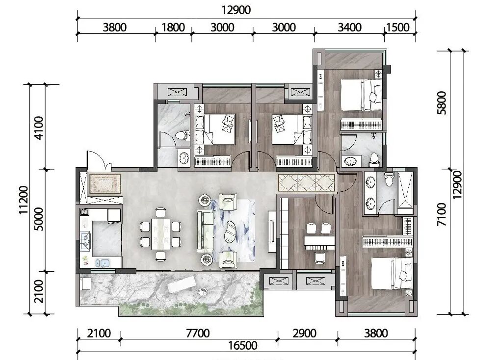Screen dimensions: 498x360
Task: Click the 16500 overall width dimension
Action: (243, 345)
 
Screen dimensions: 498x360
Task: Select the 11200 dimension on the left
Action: (24, 200)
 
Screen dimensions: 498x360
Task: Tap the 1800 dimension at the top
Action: (173, 27)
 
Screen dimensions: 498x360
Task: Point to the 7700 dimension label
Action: (198, 334)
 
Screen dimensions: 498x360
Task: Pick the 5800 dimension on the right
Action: (442, 103)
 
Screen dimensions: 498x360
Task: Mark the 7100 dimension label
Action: (442, 215)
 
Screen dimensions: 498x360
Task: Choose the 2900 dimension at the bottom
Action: (304, 334)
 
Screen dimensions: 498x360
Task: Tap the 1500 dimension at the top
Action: (397, 27)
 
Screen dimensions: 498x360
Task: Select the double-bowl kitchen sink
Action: (103, 263)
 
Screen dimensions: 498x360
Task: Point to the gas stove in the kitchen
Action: (86, 239)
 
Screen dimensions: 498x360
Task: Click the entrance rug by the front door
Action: (105, 183)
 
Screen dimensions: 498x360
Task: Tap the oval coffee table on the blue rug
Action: (231, 231)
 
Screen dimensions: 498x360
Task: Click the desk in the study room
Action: (319, 242)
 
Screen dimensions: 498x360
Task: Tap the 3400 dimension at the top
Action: (349, 27)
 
